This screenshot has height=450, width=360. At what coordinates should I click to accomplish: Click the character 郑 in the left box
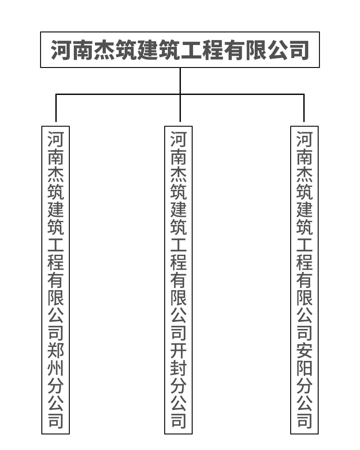[56, 351]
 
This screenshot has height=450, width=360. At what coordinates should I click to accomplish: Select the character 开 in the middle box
[178, 351]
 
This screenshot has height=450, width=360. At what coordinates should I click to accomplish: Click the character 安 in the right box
[304, 351]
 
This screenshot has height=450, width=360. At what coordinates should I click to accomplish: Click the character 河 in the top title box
[61, 50]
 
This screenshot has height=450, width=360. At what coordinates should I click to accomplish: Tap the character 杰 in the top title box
[104, 50]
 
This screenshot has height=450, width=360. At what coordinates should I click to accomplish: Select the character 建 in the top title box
[147, 50]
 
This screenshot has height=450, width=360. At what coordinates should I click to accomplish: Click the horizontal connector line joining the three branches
[117, 94]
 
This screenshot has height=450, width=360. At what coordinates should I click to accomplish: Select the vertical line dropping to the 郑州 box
[56, 108]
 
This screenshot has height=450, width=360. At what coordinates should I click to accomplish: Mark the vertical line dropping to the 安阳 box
[304, 108]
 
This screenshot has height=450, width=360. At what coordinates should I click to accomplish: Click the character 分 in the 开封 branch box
[178, 387]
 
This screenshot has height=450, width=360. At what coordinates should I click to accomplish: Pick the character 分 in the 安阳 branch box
[304, 387]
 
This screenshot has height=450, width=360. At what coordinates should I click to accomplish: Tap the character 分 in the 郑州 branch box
[56, 387]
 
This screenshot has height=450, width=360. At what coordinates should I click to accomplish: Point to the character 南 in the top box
[82, 50]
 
